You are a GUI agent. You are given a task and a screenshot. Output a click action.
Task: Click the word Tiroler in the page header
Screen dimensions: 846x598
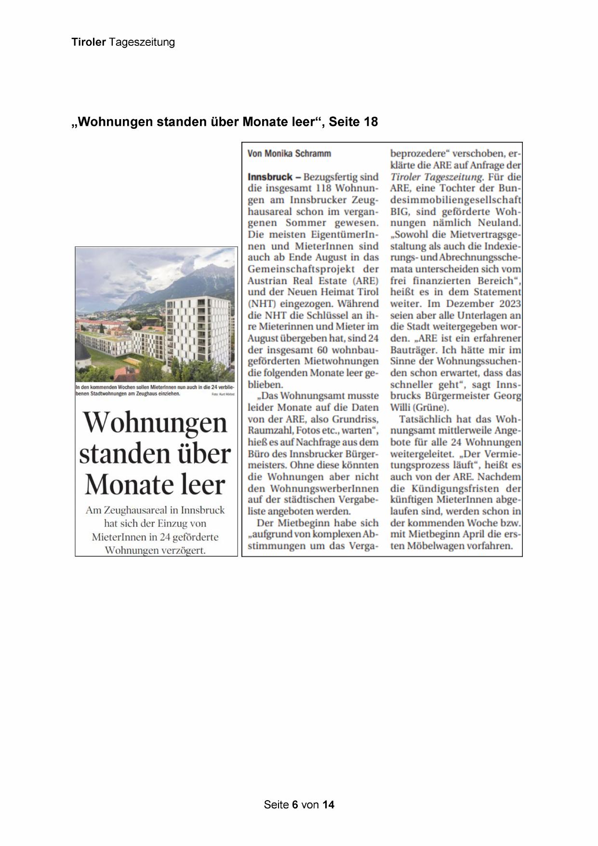(x=89, y=42)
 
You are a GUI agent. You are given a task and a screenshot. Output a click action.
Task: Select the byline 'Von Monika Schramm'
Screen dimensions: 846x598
(x=289, y=154)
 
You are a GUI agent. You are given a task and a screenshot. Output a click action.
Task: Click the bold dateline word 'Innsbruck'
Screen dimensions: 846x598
(x=270, y=177)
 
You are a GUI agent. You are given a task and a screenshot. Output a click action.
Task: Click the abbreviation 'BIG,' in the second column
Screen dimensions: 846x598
(x=399, y=211)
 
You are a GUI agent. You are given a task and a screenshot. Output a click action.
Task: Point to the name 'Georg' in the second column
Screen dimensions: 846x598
(x=507, y=396)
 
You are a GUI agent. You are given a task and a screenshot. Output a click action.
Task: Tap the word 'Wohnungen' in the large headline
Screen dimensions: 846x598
(x=155, y=423)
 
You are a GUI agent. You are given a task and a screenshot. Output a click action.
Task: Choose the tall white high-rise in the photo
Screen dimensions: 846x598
(x=198, y=333)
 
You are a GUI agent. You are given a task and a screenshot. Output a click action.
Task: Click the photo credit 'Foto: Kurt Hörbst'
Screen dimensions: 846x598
(x=223, y=395)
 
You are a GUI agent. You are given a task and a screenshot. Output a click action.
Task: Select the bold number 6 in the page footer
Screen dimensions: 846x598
(x=295, y=805)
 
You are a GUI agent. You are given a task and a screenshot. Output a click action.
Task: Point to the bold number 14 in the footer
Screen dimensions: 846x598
(x=328, y=805)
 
